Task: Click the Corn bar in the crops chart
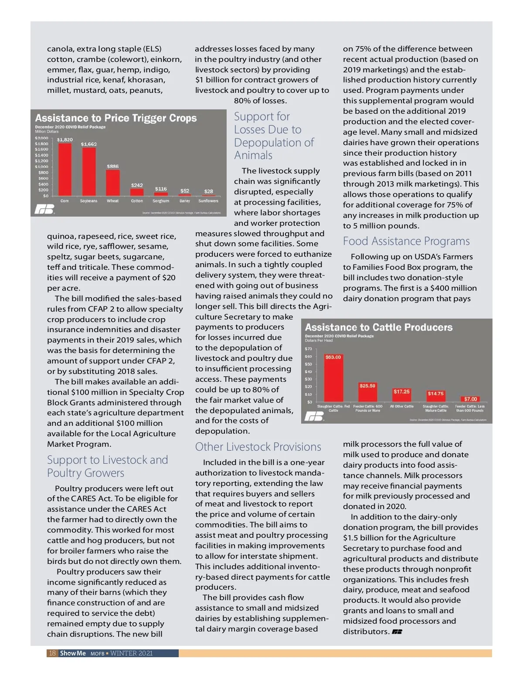pos(65,170)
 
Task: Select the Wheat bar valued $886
pos(113,183)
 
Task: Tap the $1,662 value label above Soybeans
pos(89,144)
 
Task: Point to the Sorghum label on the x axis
pos(161,201)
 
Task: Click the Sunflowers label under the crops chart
pos(208,201)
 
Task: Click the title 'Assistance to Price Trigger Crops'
pos(116,118)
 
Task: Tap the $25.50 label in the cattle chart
pos(367,386)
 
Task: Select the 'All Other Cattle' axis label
pos(402,406)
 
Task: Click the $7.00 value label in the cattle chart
pos(471,399)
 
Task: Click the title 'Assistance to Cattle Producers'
pos(379,327)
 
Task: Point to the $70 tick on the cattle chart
pos(309,349)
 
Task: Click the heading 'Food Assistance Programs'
pos(406,241)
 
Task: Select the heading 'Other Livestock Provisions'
pos(258,447)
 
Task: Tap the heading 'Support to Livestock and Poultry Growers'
pos(107,466)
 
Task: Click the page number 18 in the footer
pos(52,653)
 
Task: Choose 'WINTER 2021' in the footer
pos(132,653)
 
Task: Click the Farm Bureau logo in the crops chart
pos(45,209)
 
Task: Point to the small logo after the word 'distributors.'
pos(397,632)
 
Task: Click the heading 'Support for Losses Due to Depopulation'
pos(274,136)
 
